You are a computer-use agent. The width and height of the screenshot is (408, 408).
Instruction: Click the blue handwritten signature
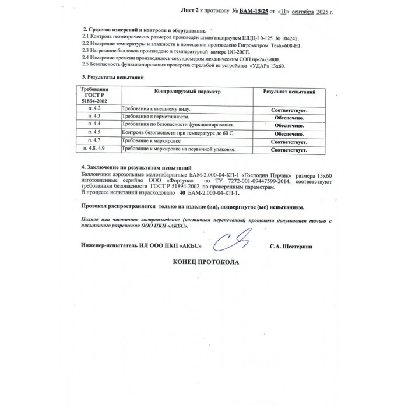click(x=233, y=240)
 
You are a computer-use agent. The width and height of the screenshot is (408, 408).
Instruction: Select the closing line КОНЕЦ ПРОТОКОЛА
click(x=206, y=262)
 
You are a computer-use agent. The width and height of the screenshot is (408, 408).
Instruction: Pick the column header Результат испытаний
click(x=289, y=92)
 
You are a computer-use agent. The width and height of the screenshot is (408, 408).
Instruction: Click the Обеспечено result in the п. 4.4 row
click(x=289, y=125)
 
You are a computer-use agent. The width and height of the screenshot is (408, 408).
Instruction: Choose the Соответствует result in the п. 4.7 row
click(x=289, y=142)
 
